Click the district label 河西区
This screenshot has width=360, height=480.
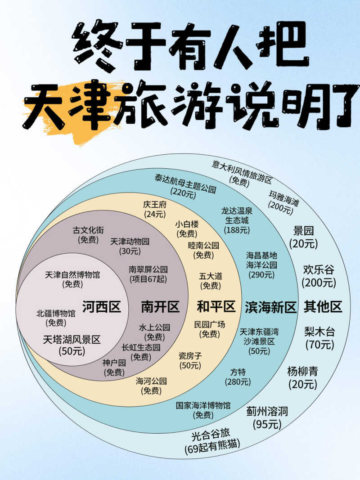click(x=101, y=306)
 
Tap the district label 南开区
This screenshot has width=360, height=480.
click(x=160, y=306)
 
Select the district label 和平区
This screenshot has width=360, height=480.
click(x=216, y=306)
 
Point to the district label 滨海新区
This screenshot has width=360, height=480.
click(x=270, y=307)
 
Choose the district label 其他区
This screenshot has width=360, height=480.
click(x=323, y=306)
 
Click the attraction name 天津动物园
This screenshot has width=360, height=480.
click(x=130, y=241)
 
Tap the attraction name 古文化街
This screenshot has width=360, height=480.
click(x=88, y=230)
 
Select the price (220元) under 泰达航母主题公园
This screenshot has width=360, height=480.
click(x=183, y=193)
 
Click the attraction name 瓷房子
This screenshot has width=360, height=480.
click(x=190, y=356)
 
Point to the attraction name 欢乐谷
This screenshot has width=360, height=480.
click(x=319, y=269)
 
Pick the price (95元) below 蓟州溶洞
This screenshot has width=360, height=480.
click(x=267, y=424)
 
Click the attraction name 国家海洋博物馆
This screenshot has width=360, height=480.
click(x=203, y=406)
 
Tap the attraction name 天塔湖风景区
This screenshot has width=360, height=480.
click(x=72, y=340)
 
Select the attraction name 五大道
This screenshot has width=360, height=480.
click(x=211, y=276)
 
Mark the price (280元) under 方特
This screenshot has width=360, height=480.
click(x=238, y=382)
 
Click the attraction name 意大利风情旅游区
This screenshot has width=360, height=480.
click(x=242, y=172)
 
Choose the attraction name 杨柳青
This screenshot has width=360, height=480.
click(x=303, y=371)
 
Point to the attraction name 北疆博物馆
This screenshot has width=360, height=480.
click(x=56, y=313)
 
